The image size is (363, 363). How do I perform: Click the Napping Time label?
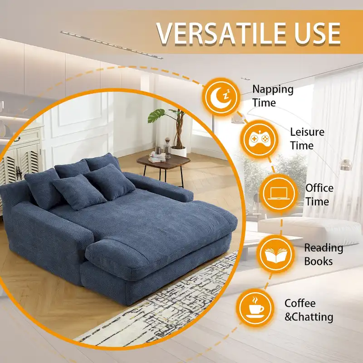(273, 96)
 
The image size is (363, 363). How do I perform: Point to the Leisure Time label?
(308, 138)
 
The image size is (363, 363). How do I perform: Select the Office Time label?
(319, 194)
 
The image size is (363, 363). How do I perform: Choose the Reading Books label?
(324, 254)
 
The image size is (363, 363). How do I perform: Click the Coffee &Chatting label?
(309, 310)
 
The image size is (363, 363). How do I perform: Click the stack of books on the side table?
(157, 157)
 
